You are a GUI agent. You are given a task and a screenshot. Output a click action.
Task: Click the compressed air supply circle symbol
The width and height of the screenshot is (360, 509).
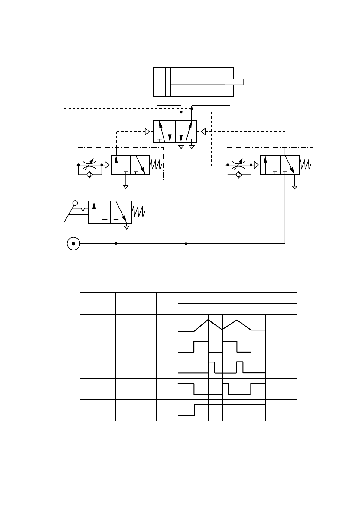[73, 243]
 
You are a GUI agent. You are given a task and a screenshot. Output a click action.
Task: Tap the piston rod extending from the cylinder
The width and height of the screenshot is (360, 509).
[207, 82]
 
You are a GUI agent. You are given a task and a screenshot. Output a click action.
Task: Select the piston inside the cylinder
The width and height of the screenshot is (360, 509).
[168, 82]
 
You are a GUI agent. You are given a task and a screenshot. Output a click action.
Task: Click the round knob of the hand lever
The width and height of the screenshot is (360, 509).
[75, 203]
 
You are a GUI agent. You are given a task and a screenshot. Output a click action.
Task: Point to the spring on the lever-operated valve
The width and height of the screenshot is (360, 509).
[139, 212]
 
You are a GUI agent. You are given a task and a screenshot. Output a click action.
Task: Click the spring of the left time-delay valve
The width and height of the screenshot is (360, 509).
[157, 165]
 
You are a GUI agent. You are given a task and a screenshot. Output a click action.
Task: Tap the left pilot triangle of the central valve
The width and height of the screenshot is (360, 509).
[147, 132]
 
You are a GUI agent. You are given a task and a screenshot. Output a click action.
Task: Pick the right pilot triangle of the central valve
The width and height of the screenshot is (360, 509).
[203, 132]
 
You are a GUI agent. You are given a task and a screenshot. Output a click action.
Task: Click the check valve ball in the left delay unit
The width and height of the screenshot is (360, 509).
[89, 175]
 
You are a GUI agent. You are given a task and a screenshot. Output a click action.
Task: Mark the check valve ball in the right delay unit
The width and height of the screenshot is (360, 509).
[238, 175]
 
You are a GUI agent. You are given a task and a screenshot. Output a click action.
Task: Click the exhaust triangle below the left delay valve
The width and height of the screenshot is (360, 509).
[126, 187]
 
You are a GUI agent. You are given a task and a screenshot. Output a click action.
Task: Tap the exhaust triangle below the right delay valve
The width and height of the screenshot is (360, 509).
[295, 187]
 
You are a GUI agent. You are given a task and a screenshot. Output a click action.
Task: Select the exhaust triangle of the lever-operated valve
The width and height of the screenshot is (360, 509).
[127, 227]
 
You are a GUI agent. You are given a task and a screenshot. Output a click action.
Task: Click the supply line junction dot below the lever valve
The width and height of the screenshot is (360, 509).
[116, 243]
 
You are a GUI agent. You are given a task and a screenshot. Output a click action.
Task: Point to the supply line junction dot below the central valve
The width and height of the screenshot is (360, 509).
[186, 243]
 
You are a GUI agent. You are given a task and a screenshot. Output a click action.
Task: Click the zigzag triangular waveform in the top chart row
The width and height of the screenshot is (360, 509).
[222, 325]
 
